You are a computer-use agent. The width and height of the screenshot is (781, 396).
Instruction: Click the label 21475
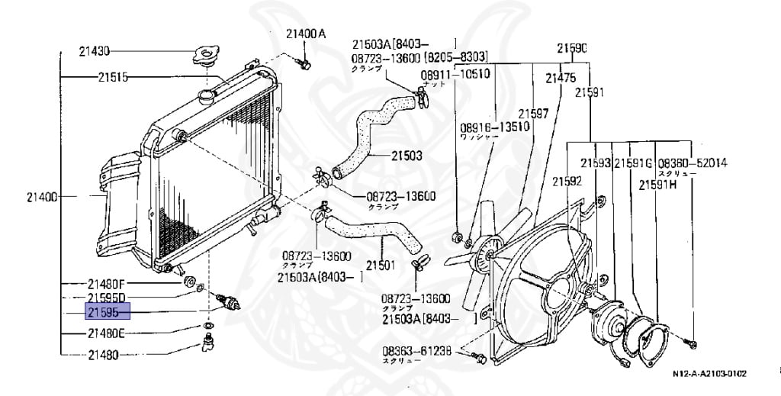[560, 77]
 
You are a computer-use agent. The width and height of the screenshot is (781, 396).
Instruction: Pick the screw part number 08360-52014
[693, 163]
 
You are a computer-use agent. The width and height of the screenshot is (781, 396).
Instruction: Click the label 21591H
[657, 185]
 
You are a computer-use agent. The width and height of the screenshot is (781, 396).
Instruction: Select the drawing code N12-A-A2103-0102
[709, 374]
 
